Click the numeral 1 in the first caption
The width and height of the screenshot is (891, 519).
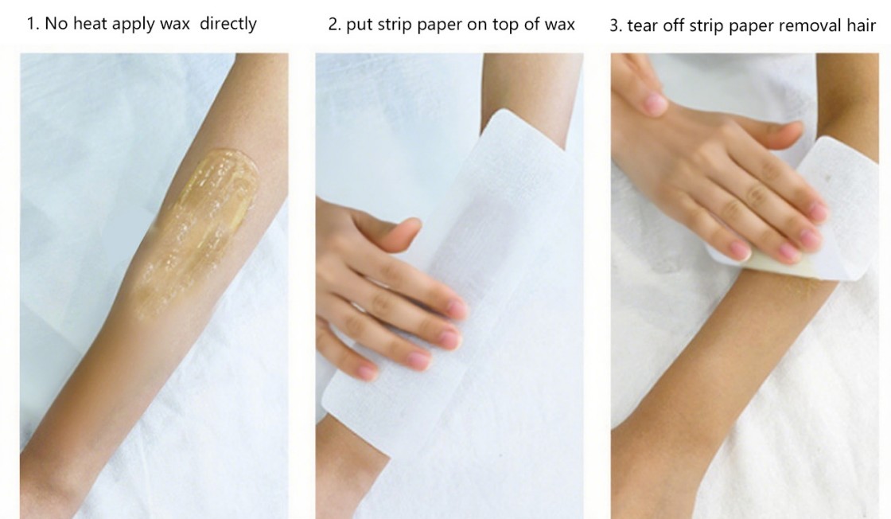(32, 24)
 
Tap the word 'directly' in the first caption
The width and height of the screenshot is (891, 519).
(228, 25)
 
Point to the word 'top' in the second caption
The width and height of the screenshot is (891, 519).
(496, 25)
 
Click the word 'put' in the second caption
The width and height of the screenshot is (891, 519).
(358, 25)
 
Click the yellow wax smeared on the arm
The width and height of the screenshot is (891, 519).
(196, 228)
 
